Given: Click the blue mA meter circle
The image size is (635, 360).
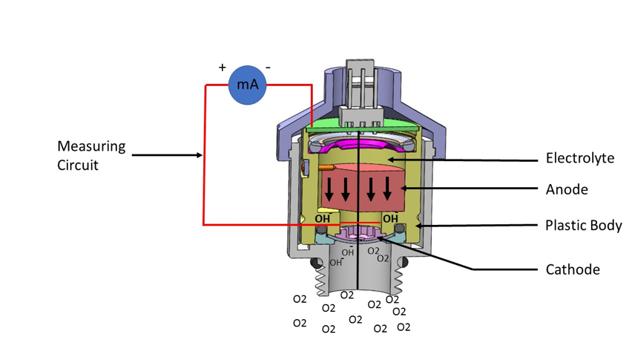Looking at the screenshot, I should pos(247,85).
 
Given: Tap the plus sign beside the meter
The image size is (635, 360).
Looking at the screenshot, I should pos(222,68).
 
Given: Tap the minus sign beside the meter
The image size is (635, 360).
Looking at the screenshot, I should pos(268,68).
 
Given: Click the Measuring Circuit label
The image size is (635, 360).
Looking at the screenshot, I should pos(91,155).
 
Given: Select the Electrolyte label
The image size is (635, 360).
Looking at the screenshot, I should pos(579,158).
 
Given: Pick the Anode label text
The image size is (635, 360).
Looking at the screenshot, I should pos(567,189).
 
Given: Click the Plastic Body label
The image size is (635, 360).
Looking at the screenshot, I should pos(583,225).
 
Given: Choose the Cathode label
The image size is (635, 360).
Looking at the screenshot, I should pos(572,269).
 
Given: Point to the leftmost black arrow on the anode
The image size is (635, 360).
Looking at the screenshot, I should pos(329,191).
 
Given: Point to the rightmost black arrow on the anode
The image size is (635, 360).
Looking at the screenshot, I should pos(387,191).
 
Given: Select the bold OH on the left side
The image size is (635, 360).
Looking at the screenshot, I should pos(322,219).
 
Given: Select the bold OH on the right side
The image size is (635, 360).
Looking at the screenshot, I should pos(389,219).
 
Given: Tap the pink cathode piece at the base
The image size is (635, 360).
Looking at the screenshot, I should pos(361,234).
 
